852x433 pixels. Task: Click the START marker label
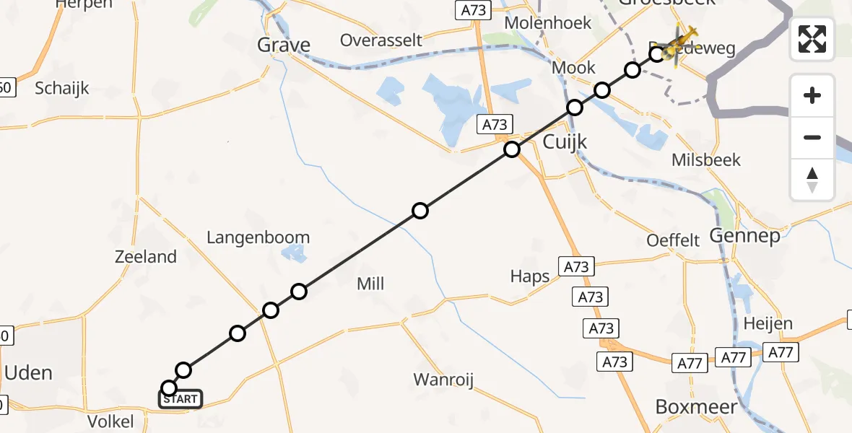[181, 399]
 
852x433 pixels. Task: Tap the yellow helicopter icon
[680, 45]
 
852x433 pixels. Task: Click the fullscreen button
[812, 39]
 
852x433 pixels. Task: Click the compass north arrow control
[812, 180]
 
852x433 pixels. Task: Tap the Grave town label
[284, 45]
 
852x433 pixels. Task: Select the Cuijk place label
[565, 142]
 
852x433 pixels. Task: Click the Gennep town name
[744, 235]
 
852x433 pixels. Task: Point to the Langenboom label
[258, 237]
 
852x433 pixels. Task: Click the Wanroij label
[443, 380]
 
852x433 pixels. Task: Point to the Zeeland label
[145, 257]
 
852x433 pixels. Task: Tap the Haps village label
[530, 276]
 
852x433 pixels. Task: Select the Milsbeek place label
[706, 159]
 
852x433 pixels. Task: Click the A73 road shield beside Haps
[575, 267]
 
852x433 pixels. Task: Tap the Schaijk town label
[62, 88]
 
